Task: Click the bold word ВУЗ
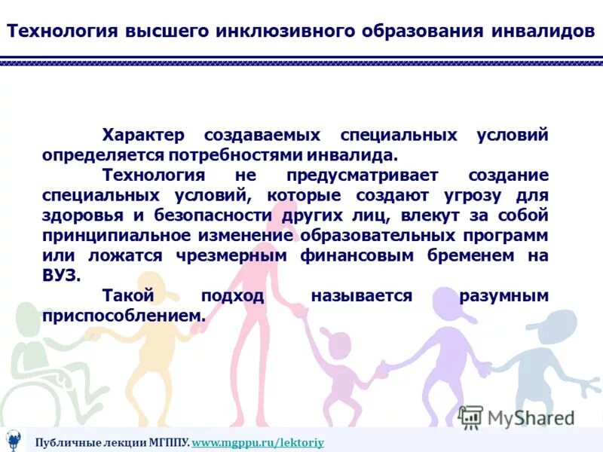click(60, 276)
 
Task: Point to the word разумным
click(504, 296)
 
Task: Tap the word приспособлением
click(124, 316)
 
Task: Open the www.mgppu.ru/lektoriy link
click(258, 442)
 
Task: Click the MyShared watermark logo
click(516, 417)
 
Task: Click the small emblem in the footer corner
click(13, 441)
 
